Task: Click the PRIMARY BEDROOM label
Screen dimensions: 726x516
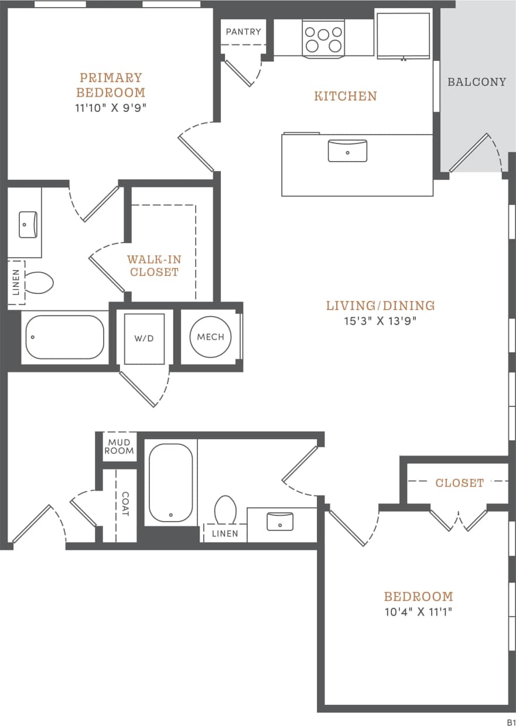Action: (x=111, y=85)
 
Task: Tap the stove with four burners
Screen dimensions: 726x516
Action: (x=323, y=39)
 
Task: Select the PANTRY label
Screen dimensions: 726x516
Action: (x=243, y=32)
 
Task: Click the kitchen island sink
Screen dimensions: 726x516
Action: (x=347, y=150)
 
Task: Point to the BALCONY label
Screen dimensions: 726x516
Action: (x=476, y=82)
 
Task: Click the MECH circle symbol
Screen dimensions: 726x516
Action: (x=211, y=337)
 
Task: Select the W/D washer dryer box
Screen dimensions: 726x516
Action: (x=144, y=338)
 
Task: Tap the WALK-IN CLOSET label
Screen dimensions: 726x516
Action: (x=154, y=265)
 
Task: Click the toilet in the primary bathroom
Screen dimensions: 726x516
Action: (x=39, y=283)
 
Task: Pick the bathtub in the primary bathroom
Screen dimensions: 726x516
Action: (x=64, y=337)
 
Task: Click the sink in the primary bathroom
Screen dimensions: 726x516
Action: (x=28, y=224)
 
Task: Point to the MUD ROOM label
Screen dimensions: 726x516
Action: (x=119, y=447)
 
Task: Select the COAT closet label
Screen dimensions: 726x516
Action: (x=125, y=504)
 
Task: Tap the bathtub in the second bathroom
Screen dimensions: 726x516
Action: (x=170, y=482)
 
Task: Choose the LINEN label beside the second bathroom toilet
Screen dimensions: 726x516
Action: (x=225, y=533)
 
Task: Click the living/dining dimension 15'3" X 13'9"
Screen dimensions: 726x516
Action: (x=380, y=321)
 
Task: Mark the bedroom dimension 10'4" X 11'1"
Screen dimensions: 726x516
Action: (x=418, y=612)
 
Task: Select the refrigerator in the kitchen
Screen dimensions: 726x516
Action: (x=403, y=35)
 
